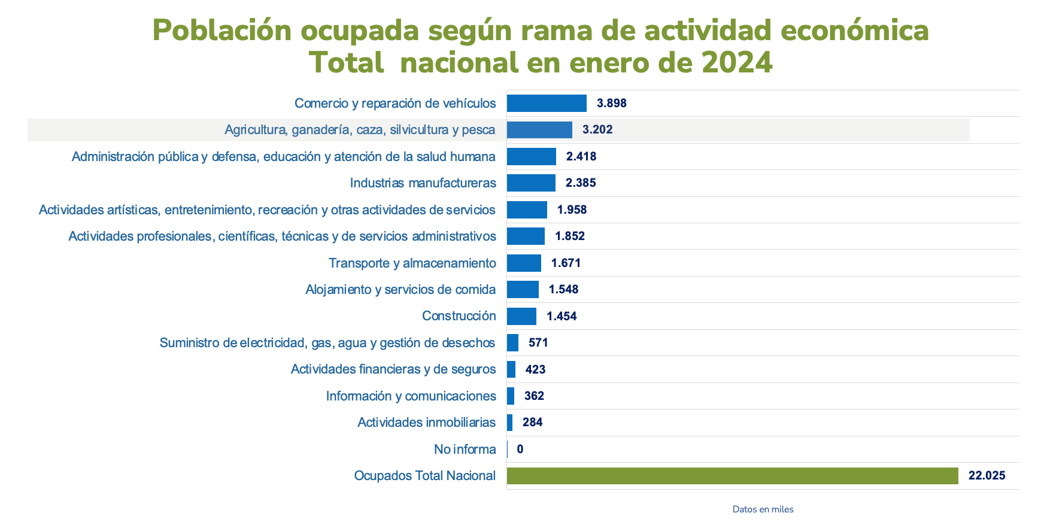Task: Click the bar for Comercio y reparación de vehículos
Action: (547, 103)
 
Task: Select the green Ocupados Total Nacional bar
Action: (732, 476)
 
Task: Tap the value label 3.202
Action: (597, 130)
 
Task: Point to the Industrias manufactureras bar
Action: (531, 183)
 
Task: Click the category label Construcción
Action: (459, 316)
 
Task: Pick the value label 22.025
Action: (987, 476)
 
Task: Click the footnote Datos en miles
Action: (763, 509)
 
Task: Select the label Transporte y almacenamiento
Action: (412, 263)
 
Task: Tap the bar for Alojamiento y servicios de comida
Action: (523, 290)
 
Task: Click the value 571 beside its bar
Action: (538, 342)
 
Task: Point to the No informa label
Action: (465, 449)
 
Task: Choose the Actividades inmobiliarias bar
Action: (510, 423)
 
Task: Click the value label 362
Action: (534, 396)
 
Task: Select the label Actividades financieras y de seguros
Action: (393, 369)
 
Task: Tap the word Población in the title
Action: (221, 30)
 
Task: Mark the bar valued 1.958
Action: (527, 210)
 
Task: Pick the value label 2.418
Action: (581, 157)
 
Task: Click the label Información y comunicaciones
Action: (411, 396)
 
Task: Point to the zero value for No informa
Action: (520, 449)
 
